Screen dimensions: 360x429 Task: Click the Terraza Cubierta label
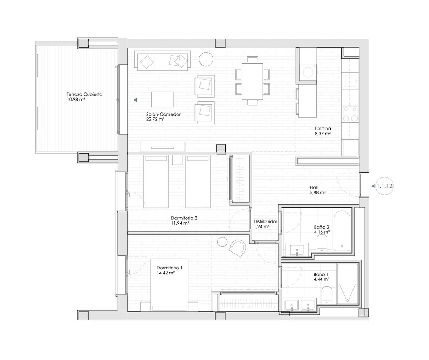[x=84, y=95]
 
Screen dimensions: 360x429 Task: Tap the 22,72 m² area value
[x=155, y=120]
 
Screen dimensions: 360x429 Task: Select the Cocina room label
[x=323, y=129]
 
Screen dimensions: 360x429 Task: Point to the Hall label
[x=314, y=187]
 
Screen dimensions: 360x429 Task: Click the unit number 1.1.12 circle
[x=384, y=186]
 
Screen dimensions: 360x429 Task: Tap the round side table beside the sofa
[x=206, y=59]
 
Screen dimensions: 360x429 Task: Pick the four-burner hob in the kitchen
[x=350, y=114]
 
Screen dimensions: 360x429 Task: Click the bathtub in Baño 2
[x=342, y=231]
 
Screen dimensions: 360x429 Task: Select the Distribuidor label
[x=265, y=221]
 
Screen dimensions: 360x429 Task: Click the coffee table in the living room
[x=162, y=99]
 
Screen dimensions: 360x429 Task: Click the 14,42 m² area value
[x=166, y=272]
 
